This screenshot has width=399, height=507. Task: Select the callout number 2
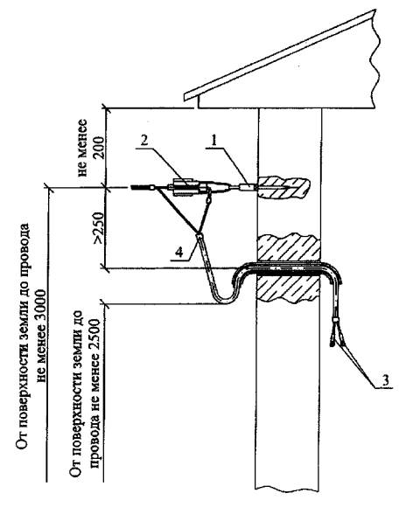click(x=144, y=141)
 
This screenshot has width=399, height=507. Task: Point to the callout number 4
click(x=179, y=252)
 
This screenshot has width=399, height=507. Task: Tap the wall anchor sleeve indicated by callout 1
click(x=248, y=187)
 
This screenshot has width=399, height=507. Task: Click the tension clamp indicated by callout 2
click(x=185, y=187)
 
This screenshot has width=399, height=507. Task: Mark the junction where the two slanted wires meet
click(x=198, y=233)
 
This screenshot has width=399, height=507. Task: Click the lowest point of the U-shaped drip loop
click(x=224, y=302)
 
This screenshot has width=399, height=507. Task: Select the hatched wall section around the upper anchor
click(x=283, y=187)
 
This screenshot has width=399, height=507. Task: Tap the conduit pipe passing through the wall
click(x=288, y=269)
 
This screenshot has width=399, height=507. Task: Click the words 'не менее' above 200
click(x=83, y=148)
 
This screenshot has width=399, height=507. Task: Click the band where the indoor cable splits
click(x=335, y=320)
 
